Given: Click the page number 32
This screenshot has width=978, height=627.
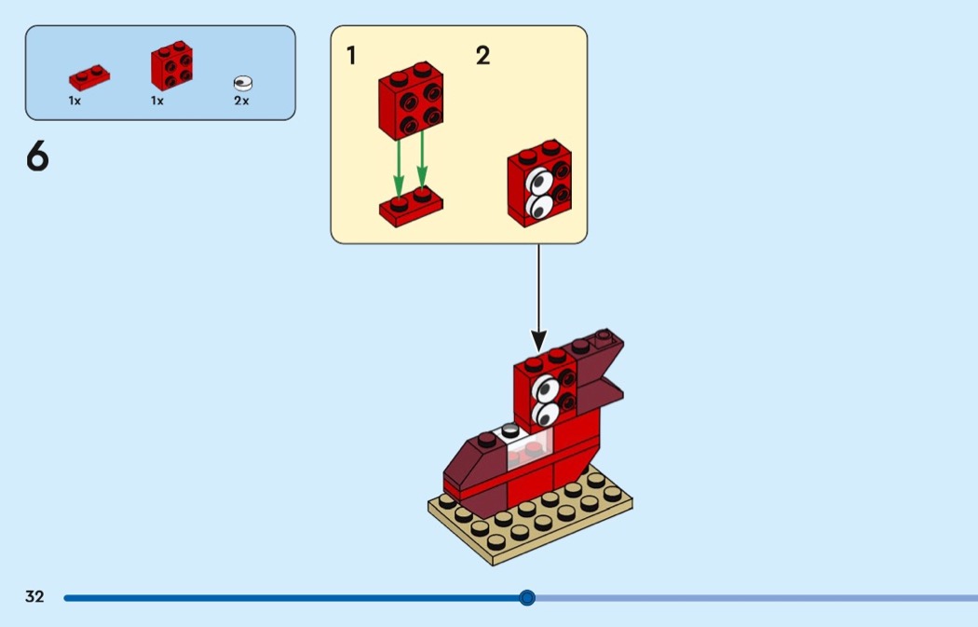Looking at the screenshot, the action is tap(34, 596).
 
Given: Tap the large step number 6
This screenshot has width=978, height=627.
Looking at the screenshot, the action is tap(37, 156).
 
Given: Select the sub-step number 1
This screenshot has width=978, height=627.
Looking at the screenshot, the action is tap(351, 56).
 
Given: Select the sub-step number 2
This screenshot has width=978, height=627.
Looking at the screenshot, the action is tap(482, 56).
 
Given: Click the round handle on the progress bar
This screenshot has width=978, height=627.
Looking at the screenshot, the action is tap(527, 598).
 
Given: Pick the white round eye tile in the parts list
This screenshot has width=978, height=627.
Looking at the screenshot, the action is tap(242, 83).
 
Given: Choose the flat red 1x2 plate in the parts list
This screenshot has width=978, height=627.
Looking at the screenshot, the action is tap(89, 77).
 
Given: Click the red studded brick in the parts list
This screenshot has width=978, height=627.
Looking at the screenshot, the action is tap(171, 65).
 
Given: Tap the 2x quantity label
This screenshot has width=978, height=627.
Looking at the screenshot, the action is tap(241, 101).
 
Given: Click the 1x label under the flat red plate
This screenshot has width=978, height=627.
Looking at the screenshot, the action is tap(75, 101).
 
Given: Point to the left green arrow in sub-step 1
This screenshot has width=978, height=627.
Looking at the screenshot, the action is tap(399, 166).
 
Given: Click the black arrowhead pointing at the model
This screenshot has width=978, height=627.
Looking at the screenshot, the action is tap(538, 341).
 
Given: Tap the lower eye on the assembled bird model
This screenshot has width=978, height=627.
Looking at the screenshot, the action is tap(546, 414).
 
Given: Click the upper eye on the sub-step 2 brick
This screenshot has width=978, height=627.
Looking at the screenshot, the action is tap(539, 182).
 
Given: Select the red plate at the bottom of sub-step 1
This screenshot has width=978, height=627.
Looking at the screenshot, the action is tap(411, 207).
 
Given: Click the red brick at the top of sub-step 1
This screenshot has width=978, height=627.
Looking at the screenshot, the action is tap(411, 100).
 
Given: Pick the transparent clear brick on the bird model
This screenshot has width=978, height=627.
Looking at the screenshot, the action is tap(530, 448).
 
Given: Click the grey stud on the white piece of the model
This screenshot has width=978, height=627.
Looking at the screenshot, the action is tap(510, 430).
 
